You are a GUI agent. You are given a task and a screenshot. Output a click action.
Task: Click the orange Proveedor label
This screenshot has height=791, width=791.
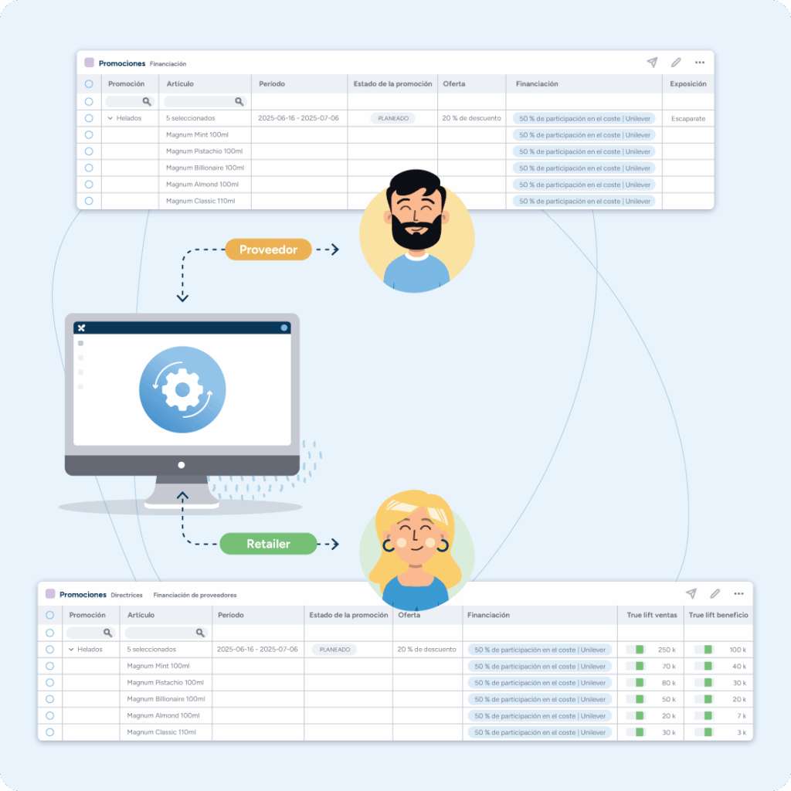[268, 250]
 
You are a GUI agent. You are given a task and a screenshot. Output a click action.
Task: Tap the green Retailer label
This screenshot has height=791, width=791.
[268, 544]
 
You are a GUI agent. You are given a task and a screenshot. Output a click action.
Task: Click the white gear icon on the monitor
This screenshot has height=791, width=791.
[182, 389]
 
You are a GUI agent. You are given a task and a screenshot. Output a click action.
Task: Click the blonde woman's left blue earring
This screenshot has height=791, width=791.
[388, 545]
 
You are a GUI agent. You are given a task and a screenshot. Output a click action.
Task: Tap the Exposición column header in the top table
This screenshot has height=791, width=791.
[687, 84]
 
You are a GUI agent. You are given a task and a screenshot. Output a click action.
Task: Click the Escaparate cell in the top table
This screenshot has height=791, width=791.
[687, 119]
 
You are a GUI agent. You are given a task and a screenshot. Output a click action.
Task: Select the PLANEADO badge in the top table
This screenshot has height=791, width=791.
[392, 119]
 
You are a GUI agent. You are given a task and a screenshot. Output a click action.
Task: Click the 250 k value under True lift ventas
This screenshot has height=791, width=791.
[667, 650]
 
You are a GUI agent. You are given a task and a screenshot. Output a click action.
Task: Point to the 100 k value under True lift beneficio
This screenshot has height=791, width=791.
[738, 650]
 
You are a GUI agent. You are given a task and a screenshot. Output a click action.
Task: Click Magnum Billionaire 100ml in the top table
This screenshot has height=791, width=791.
[205, 168]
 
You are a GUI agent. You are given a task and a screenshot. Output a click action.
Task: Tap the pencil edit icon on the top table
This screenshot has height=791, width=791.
[676, 63]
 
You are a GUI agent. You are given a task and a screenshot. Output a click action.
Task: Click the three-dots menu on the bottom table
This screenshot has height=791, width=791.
[738, 593]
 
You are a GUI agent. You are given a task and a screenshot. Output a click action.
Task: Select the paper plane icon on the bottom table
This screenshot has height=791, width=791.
[691, 593]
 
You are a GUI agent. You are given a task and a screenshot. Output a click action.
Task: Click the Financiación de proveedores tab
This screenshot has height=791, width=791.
[195, 596]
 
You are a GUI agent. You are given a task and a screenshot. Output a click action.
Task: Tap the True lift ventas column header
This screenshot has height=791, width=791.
[652, 615]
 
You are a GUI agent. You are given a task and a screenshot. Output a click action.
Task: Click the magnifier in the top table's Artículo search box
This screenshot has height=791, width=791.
[239, 101]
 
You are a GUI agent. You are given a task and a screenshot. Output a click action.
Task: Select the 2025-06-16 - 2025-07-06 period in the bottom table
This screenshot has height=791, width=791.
[258, 650]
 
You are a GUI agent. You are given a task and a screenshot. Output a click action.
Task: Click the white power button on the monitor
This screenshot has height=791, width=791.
[182, 465]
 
